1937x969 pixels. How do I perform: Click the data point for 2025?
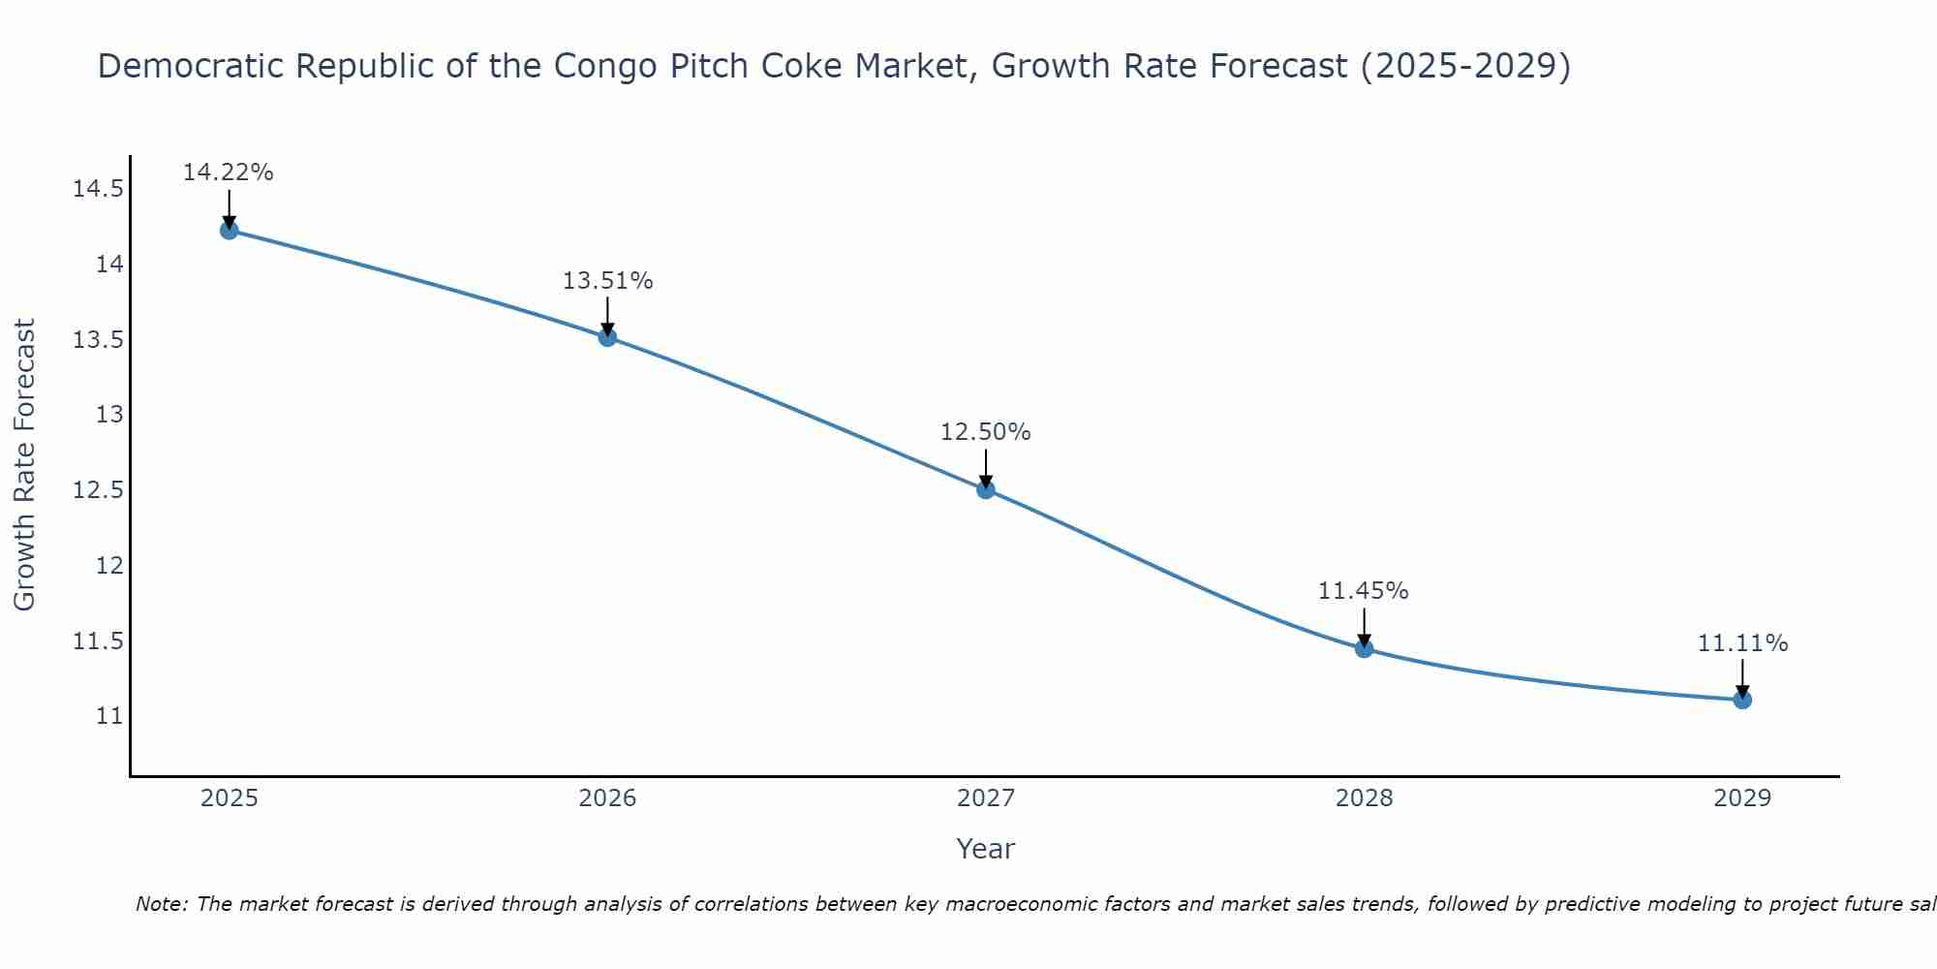[229, 230]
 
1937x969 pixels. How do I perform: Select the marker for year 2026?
[607, 337]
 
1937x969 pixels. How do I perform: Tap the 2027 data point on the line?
[986, 489]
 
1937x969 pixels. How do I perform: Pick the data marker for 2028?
[1364, 648]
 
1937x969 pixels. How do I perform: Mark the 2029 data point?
[1742, 700]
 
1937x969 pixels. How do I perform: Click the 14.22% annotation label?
[229, 172]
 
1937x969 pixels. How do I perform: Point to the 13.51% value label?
[607, 281]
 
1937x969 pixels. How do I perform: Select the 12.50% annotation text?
[986, 432]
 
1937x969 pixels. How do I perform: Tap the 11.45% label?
[1364, 591]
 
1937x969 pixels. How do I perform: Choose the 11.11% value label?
[1742, 643]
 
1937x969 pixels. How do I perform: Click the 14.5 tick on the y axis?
[98, 189]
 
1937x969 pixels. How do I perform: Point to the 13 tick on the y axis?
[109, 415]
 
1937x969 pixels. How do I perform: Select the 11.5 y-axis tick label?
[98, 641]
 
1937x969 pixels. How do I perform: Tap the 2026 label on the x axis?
[607, 798]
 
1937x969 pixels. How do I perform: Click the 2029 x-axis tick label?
[1742, 798]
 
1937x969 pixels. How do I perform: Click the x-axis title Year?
[985, 849]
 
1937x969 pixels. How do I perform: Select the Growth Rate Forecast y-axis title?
[24, 464]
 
